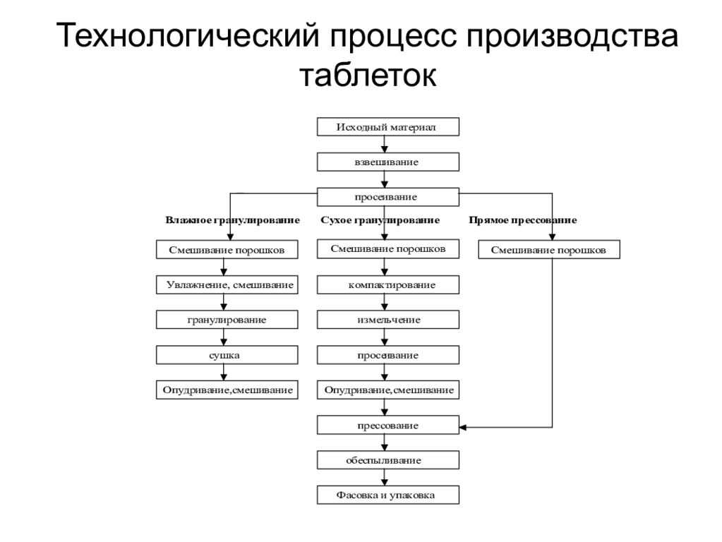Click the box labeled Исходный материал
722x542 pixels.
click(387, 126)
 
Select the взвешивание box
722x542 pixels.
click(387, 162)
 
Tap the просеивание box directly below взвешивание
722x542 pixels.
click(387, 197)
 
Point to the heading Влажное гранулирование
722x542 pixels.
click(232, 220)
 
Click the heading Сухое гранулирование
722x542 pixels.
click(380, 220)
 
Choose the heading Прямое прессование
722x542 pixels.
click(523, 220)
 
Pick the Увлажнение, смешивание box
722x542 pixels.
click(227, 284)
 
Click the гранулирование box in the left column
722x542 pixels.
click(227, 320)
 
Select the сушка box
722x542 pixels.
click(227, 355)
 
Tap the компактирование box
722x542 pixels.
click(387, 284)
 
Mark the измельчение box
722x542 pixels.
click(387, 320)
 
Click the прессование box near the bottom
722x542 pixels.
click(387, 425)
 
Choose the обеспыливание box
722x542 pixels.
click(387, 460)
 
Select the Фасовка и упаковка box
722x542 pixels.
click(387, 495)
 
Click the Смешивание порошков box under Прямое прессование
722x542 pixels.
click(549, 250)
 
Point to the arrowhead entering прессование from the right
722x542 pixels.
click(463, 428)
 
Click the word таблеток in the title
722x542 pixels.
click(368, 75)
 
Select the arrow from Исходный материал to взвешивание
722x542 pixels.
click(385, 144)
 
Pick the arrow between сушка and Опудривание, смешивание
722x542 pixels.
click(224, 372)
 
